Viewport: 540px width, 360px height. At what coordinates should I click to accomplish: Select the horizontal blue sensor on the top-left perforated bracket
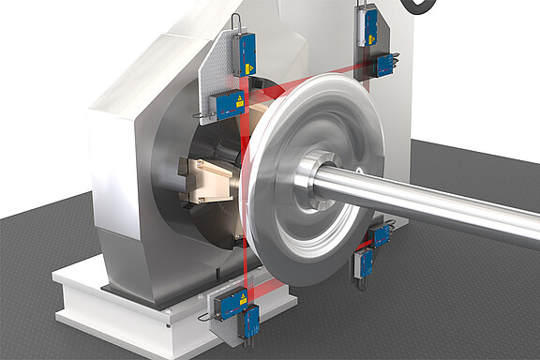[x=228, y=105]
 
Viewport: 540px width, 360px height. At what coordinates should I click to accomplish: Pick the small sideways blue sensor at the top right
[x=384, y=65]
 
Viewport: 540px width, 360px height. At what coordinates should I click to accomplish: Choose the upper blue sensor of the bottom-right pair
[x=380, y=235]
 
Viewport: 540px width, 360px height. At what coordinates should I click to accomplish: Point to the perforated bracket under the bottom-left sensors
[x=225, y=328]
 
